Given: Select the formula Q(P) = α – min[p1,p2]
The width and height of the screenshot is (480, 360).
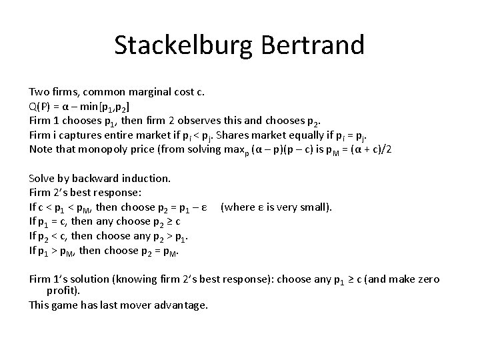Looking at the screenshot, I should click(79, 107).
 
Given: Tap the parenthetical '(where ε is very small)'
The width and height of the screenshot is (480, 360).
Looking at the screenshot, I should click(276, 207).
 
